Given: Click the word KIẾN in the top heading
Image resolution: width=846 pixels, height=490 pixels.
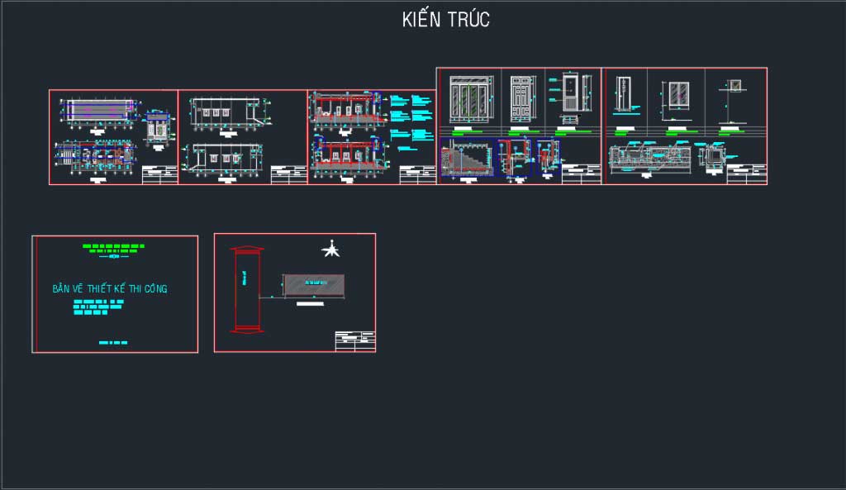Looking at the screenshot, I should tap(421, 20).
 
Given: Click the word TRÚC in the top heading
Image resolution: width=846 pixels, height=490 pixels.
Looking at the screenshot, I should tap(468, 20).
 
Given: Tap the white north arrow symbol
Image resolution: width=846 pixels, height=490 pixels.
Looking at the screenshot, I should tap(331, 249).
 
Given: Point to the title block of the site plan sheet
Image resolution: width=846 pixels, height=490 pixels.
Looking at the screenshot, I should tap(354, 341).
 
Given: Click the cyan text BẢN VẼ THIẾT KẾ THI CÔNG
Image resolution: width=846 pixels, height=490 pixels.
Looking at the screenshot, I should tap(110, 289).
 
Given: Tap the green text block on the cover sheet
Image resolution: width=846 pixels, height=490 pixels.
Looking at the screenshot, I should tap(114, 246).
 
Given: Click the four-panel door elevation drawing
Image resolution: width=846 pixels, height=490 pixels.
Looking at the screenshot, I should tap(468, 98).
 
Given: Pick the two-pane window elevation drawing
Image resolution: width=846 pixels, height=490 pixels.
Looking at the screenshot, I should tap(680, 95).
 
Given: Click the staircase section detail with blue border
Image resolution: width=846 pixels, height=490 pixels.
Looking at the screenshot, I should tap(468, 157).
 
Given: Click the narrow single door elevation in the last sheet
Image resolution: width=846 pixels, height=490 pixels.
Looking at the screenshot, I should tap(625, 94).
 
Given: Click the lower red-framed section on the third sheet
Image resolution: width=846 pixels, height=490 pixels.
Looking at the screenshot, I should tap(345, 155).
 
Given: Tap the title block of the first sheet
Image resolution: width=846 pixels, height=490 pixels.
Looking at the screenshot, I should tap(159, 174).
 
